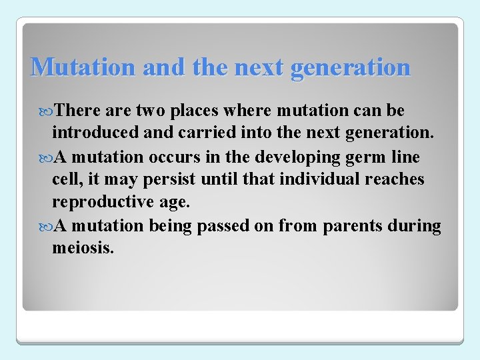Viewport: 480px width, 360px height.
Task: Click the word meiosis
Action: pos(83,249)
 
